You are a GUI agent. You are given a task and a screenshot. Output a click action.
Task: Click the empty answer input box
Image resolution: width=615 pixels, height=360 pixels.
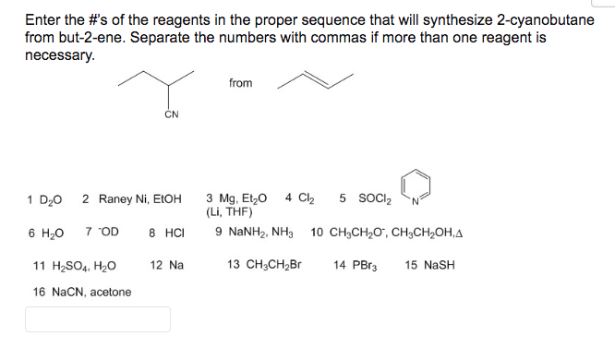pyautogui.click(x=97, y=319)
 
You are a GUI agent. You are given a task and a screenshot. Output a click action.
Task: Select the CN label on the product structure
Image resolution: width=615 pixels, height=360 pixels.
pyautogui.click(x=171, y=115)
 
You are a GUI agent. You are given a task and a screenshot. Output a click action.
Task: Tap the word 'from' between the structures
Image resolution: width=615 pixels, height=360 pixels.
pyautogui.click(x=240, y=83)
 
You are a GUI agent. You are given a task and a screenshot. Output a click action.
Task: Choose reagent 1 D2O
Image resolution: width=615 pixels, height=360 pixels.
pyautogui.click(x=45, y=198)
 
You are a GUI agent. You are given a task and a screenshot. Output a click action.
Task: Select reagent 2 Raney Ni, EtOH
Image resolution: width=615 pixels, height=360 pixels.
pyautogui.click(x=132, y=198)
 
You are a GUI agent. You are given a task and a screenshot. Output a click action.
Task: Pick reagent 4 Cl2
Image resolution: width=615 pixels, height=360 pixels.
pyautogui.click(x=300, y=198)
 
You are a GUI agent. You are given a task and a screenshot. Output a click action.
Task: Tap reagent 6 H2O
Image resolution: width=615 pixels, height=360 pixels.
pyautogui.click(x=45, y=232)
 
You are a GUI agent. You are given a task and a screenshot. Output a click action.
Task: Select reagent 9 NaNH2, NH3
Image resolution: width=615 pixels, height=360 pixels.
pyautogui.click(x=255, y=232)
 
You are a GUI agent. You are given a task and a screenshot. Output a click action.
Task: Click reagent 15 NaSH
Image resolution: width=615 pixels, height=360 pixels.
pyautogui.click(x=430, y=265)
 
